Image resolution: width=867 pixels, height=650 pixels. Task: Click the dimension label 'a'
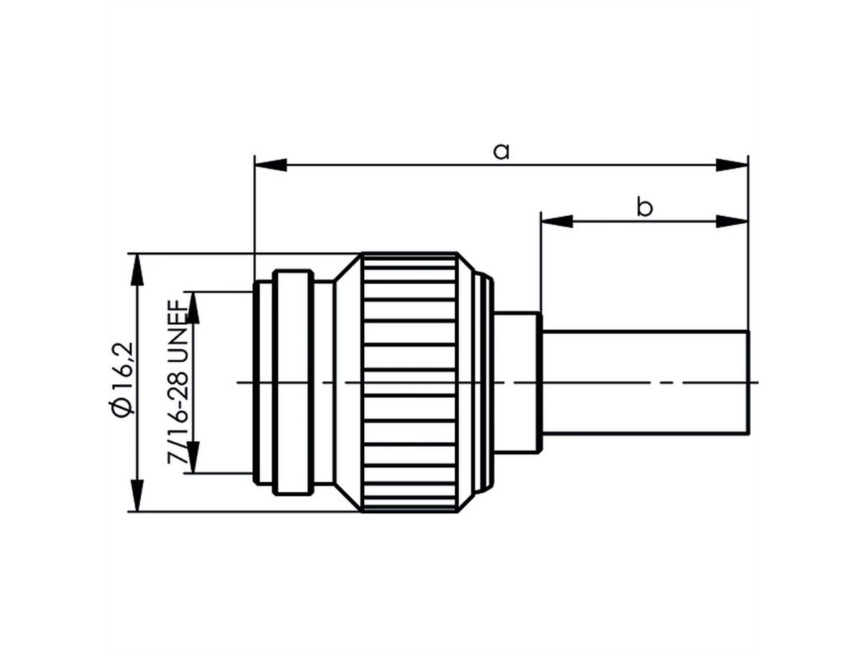[501, 151]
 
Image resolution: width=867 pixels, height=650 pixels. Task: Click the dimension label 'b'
[644, 208]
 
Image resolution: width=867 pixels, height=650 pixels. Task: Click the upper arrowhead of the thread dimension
[193, 307]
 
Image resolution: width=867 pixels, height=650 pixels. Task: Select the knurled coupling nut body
[410, 383]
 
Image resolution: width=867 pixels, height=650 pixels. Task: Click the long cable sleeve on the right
[643, 383]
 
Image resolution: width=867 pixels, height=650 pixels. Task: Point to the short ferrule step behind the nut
[517, 383]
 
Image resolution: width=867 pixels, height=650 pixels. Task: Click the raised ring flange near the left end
[293, 383]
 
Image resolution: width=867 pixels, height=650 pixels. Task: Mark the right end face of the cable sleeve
[748, 383]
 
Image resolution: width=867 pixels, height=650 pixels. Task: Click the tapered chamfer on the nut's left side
[348, 383]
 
